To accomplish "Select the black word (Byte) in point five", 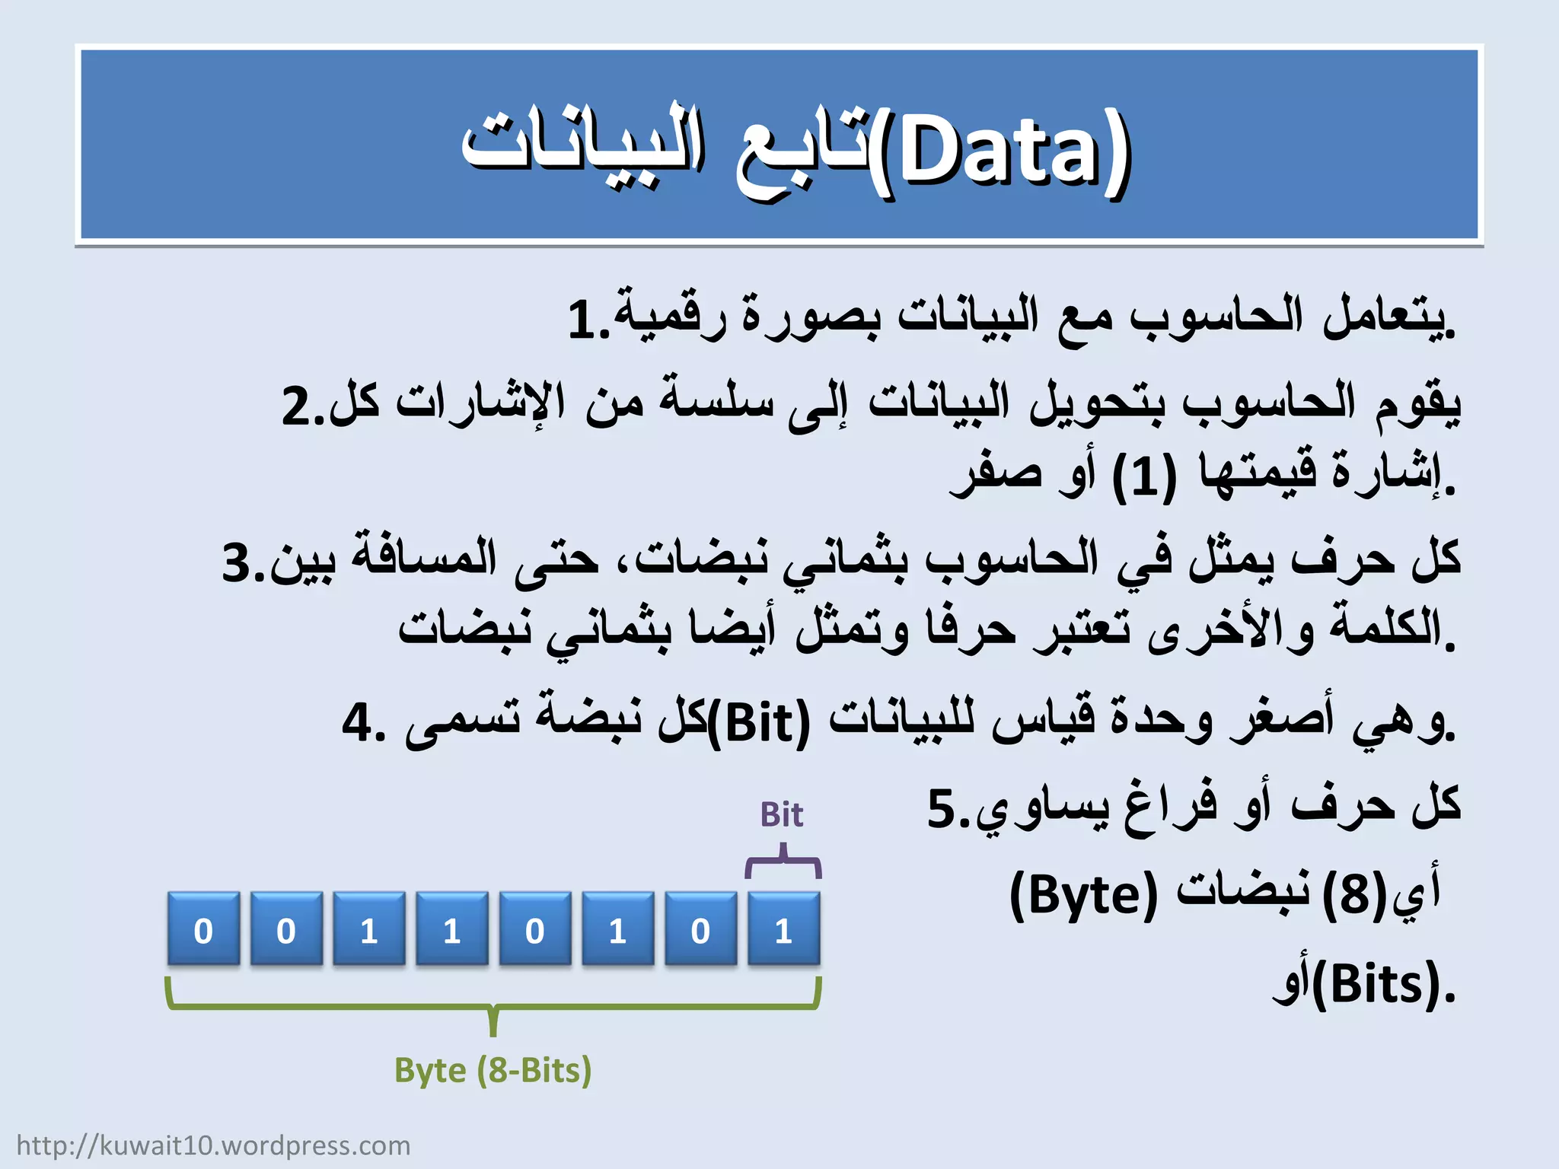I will click(x=1083, y=897).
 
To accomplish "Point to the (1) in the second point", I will click(x=1144, y=478).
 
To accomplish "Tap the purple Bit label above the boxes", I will click(x=781, y=815).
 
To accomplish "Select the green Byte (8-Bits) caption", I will click(x=493, y=1071).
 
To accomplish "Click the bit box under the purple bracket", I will click(x=783, y=929).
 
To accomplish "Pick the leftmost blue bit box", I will click(x=203, y=929).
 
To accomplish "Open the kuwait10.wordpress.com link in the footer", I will click(x=213, y=1145).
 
